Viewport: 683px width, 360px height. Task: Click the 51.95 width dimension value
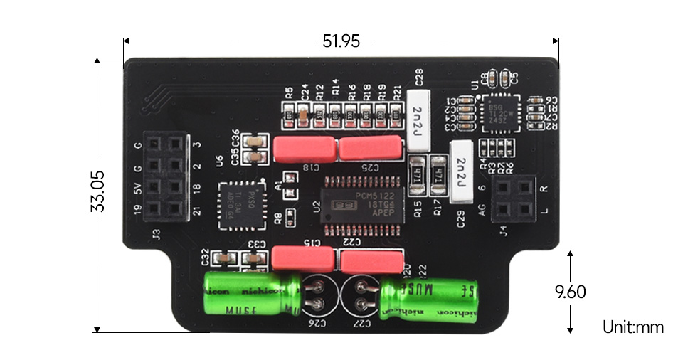pyautogui.click(x=341, y=41)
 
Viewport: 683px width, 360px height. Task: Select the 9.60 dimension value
pyautogui.click(x=570, y=291)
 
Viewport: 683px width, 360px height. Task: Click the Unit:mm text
pyautogui.click(x=632, y=327)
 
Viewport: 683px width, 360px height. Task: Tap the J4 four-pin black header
pyautogui.click(x=513, y=198)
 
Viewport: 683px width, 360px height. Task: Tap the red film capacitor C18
pyautogui.click(x=305, y=149)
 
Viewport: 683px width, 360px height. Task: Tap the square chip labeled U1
pyautogui.click(x=501, y=114)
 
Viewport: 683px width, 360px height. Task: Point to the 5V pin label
pyautogui.click(x=138, y=189)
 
